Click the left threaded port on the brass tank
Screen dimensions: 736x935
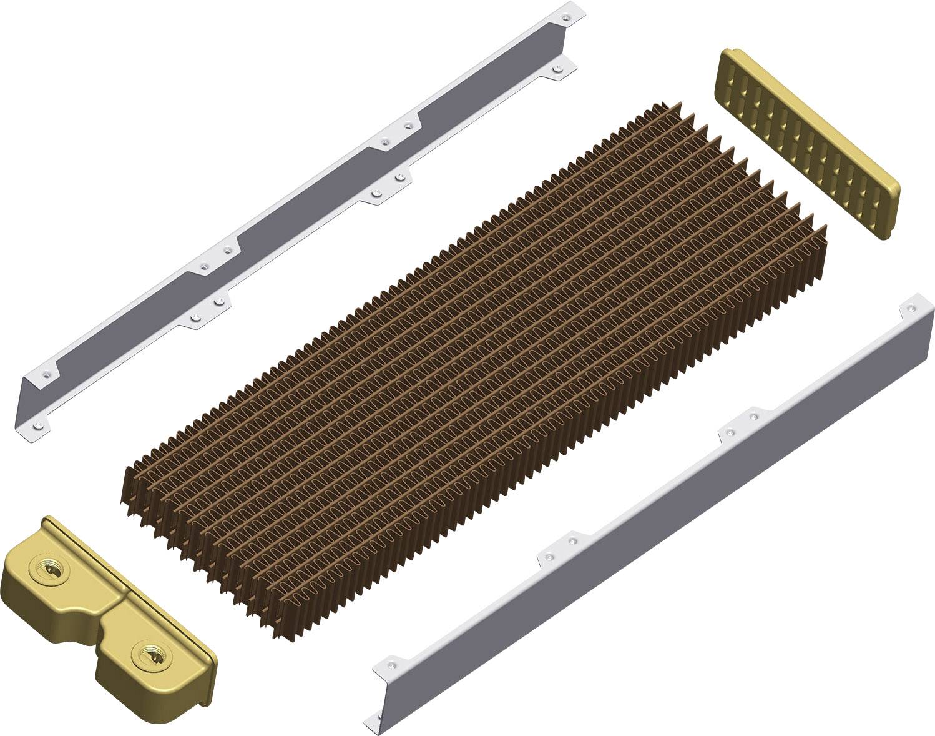pos(48,570)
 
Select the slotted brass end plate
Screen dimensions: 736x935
pos(810,142)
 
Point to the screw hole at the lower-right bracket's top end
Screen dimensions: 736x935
pos(912,308)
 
